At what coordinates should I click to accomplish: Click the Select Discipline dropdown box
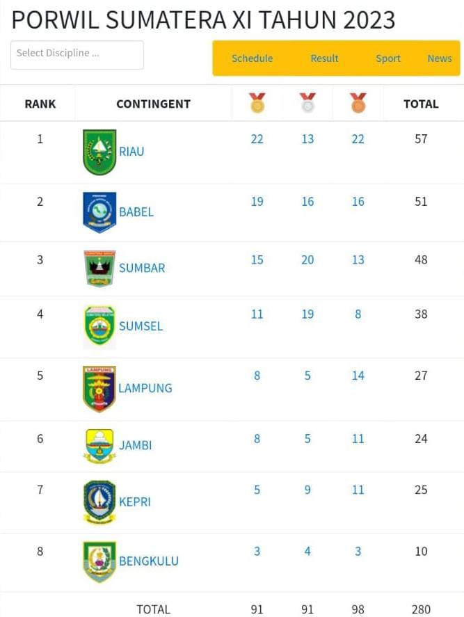click(77, 54)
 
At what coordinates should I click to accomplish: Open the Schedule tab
click(252, 58)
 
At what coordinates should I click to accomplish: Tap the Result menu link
click(324, 58)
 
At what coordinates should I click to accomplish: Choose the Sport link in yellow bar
click(388, 58)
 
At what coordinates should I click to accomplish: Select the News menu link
click(440, 58)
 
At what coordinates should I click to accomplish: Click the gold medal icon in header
click(257, 103)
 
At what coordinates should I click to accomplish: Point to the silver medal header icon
click(307, 103)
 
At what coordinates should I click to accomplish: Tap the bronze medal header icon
click(358, 103)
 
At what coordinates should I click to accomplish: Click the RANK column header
click(40, 104)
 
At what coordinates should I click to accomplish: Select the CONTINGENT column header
click(153, 104)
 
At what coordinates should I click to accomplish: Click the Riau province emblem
click(99, 152)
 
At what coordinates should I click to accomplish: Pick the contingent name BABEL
click(136, 212)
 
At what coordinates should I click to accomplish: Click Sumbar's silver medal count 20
click(307, 260)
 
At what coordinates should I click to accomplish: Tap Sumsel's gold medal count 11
click(257, 314)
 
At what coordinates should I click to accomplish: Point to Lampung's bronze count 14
click(358, 376)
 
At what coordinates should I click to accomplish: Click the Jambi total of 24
click(421, 439)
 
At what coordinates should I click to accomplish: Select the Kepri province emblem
click(99, 502)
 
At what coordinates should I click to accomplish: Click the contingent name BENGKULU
click(149, 561)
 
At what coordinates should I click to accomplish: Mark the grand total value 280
click(421, 609)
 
